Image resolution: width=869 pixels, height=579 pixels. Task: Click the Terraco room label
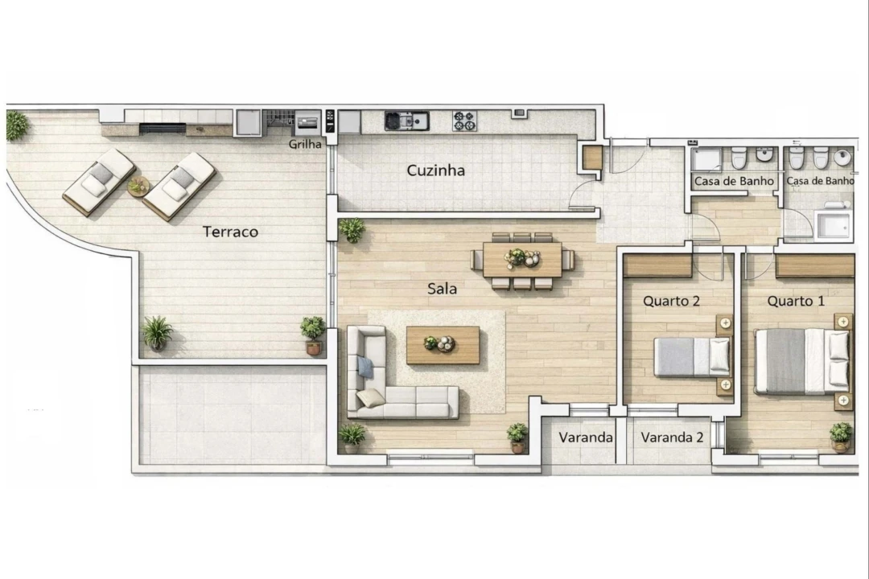click(x=230, y=232)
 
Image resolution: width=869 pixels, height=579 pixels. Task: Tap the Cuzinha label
click(x=435, y=170)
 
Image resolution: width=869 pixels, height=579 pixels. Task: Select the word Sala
click(x=442, y=289)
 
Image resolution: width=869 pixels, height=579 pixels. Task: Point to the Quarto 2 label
click(x=671, y=302)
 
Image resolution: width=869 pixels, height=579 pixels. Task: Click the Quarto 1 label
click(x=796, y=302)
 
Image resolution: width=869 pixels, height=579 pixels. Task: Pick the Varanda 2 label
click(x=673, y=438)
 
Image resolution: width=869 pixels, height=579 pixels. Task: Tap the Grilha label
click(x=306, y=146)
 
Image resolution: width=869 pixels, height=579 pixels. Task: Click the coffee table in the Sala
click(x=443, y=345)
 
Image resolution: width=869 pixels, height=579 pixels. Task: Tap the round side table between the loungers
click(x=138, y=186)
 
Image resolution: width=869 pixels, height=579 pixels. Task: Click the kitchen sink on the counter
click(x=406, y=121)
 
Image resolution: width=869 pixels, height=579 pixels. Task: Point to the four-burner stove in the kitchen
click(x=464, y=121)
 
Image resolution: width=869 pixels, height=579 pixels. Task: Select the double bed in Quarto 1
click(x=801, y=361)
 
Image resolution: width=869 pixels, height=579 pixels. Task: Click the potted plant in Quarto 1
click(x=841, y=434)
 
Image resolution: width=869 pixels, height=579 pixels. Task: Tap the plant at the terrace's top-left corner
click(x=16, y=125)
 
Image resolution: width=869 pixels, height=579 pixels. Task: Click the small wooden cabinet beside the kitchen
click(x=592, y=158)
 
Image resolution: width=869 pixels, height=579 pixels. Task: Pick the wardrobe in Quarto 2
click(x=657, y=266)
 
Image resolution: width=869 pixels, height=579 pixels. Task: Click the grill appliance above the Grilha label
click(x=307, y=124)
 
